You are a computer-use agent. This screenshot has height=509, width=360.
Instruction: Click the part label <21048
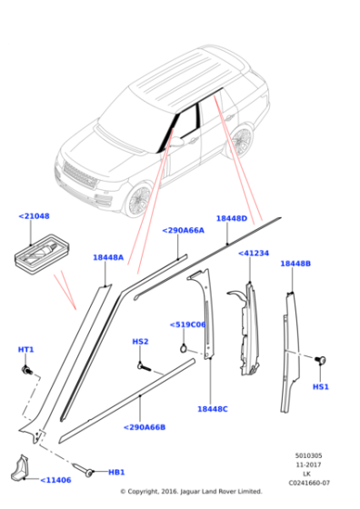tap(34, 216)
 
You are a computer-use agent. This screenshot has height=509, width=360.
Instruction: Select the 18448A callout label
tap(107, 257)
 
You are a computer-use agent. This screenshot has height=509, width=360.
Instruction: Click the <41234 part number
tap(253, 254)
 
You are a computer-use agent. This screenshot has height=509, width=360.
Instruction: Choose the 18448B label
tap(295, 264)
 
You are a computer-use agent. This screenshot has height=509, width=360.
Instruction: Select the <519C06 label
tap(187, 324)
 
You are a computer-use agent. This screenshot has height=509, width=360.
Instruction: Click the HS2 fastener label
tap(140, 342)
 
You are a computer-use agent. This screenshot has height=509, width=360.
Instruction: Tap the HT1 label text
tap(25, 350)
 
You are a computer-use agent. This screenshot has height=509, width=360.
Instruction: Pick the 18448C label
tap(212, 409)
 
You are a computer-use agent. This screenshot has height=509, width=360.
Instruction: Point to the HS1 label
tap(320, 386)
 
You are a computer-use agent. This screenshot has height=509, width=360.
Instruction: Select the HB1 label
tap(116, 473)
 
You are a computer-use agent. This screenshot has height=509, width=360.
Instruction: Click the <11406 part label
tap(55, 480)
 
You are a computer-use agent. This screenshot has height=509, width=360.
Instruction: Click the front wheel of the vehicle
tap(139, 199)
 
